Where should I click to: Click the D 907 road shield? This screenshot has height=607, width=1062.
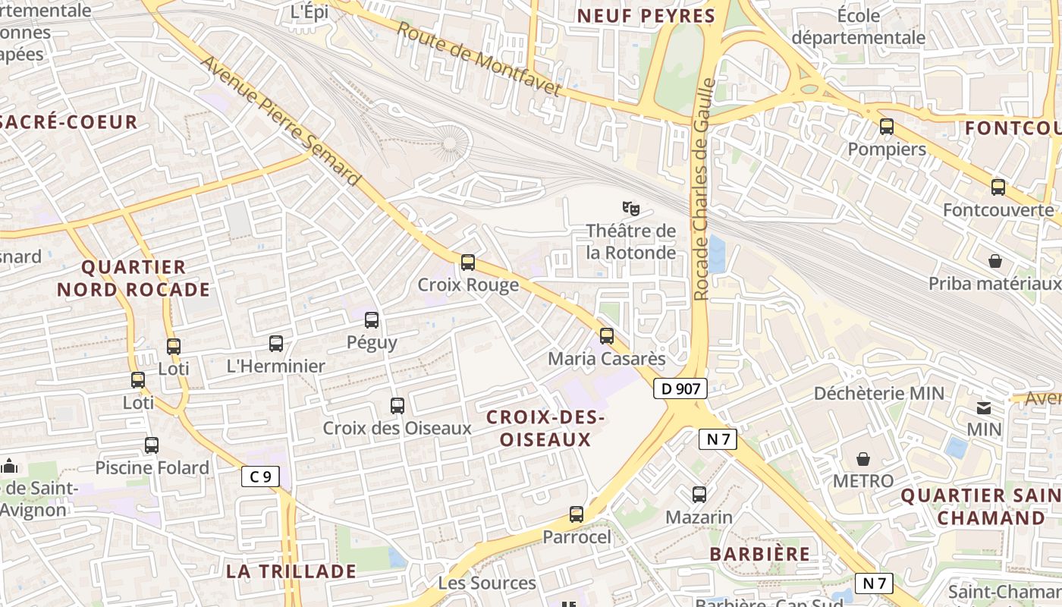(680, 388)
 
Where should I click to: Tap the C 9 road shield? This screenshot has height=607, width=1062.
(260, 476)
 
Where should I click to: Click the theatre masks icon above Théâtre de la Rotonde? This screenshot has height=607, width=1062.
(630, 207)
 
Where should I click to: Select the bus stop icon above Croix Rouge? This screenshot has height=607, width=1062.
(468, 263)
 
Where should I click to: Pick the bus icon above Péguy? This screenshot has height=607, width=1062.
(372, 320)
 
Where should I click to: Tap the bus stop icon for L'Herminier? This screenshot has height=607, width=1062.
(276, 344)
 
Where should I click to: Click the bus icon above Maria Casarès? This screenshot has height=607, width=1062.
(606, 335)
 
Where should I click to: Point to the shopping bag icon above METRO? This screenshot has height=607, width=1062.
(863, 459)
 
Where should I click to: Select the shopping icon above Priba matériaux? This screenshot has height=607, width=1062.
(995, 262)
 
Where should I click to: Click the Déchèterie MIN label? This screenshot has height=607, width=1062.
(879, 393)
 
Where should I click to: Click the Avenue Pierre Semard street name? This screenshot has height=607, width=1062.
(280, 120)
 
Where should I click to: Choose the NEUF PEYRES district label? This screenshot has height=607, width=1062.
(646, 16)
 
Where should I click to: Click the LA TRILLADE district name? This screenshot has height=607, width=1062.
(291, 571)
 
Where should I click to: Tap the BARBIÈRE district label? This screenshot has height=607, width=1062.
(760, 554)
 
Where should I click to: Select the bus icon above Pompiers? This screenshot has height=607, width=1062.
(886, 127)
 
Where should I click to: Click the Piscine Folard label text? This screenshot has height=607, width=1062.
(152, 467)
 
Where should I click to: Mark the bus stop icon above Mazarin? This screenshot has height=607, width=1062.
(699, 495)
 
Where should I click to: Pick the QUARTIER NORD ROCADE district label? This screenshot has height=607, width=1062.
(134, 278)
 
